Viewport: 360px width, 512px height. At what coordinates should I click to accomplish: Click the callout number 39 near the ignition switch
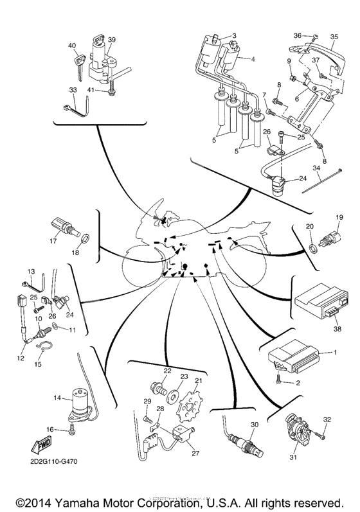click(x=112, y=40)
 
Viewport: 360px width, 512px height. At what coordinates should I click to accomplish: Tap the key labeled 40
click(x=80, y=62)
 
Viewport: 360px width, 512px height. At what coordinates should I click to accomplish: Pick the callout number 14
click(x=57, y=398)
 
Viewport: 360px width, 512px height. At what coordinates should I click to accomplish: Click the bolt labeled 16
click(x=70, y=428)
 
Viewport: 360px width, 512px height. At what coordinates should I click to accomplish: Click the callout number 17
click(x=55, y=242)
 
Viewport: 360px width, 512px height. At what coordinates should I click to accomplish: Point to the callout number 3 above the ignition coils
click(x=234, y=35)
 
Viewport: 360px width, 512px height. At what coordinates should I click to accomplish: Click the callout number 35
click(x=334, y=37)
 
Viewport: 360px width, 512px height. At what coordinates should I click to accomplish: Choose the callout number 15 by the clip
click(x=37, y=364)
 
